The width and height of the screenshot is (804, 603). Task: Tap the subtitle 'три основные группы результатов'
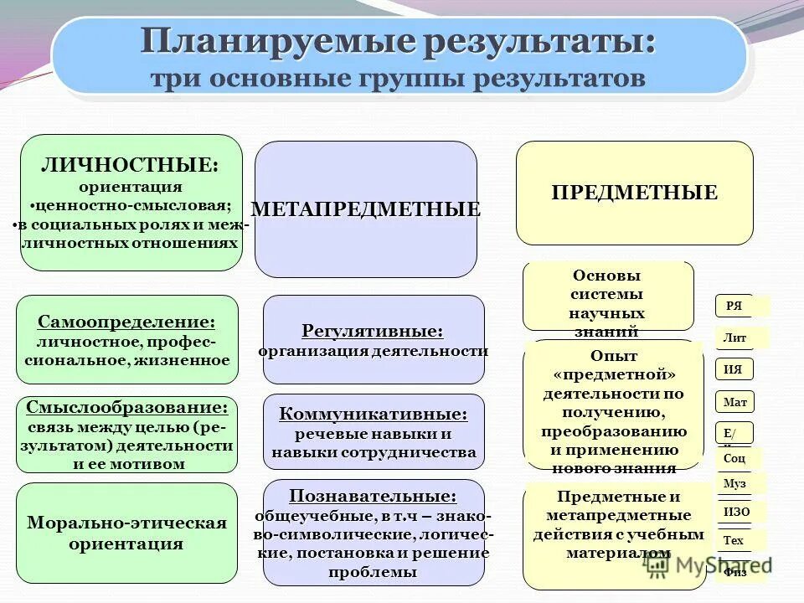coord(398,79)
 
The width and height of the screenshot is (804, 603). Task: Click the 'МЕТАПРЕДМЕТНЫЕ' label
coord(366,209)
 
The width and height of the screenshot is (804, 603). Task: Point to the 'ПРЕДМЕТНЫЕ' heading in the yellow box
coord(634,193)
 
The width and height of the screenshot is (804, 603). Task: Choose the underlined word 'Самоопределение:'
coord(126,322)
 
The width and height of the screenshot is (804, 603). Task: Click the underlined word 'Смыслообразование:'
coord(126,408)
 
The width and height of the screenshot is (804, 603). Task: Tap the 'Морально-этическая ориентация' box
coord(126,533)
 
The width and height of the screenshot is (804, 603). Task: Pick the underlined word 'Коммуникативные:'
coord(373,414)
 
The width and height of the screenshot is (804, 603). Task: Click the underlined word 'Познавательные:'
coord(373,496)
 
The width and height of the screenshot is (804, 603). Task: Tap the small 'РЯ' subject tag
coord(734,307)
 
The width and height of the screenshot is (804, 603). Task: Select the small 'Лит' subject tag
coord(734,338)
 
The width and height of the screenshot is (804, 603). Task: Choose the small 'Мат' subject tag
coord(734,402)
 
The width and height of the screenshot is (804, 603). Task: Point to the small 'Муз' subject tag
coord(734,484)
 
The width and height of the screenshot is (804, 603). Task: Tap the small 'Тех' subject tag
coord(734,540)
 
